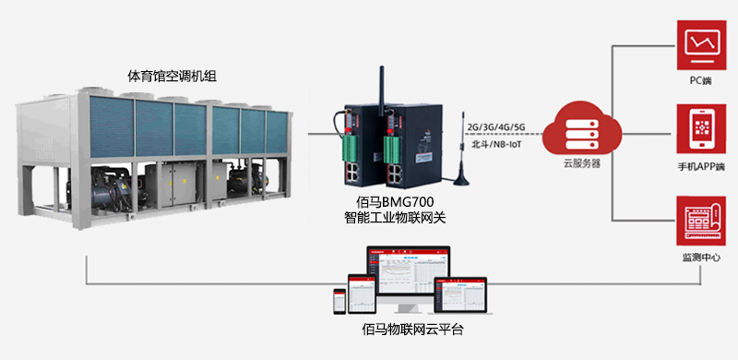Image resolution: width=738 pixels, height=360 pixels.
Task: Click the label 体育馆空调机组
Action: [x=172, y=75]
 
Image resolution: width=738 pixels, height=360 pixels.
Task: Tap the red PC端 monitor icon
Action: [x=700, y=44]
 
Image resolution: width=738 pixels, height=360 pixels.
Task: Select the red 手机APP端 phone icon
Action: [x=700, y=130]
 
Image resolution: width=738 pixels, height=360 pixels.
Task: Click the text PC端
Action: [x=700, y=81]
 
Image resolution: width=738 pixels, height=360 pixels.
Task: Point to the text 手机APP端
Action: [x=700, y=167]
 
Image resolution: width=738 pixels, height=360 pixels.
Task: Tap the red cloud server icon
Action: [x=581, y=130]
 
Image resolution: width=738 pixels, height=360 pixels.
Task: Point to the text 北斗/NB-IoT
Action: [x=496, y=145]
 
